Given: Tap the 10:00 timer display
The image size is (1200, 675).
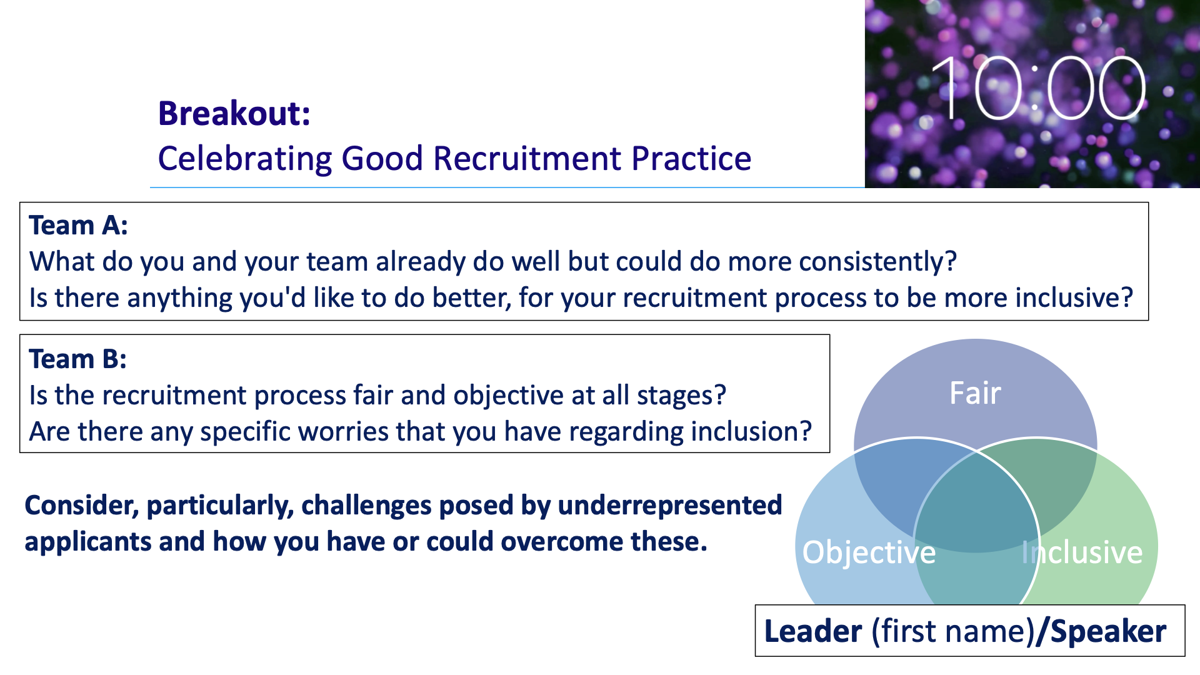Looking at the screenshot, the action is click(1037, 88).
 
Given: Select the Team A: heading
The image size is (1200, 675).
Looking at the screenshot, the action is click(79, 226).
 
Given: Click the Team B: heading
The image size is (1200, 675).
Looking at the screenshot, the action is click(78, 359).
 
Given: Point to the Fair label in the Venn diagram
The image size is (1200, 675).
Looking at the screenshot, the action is click(975, 393).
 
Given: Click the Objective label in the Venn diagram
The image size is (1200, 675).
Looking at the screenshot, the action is click(869, 553).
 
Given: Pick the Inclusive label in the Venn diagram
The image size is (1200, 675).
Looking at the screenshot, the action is click(1082, 552).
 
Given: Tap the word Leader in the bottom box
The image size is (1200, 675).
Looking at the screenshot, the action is click(813, 631).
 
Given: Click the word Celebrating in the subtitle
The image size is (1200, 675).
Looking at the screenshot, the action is click(245, 159).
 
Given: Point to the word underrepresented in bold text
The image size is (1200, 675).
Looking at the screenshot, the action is click(669, 506).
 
